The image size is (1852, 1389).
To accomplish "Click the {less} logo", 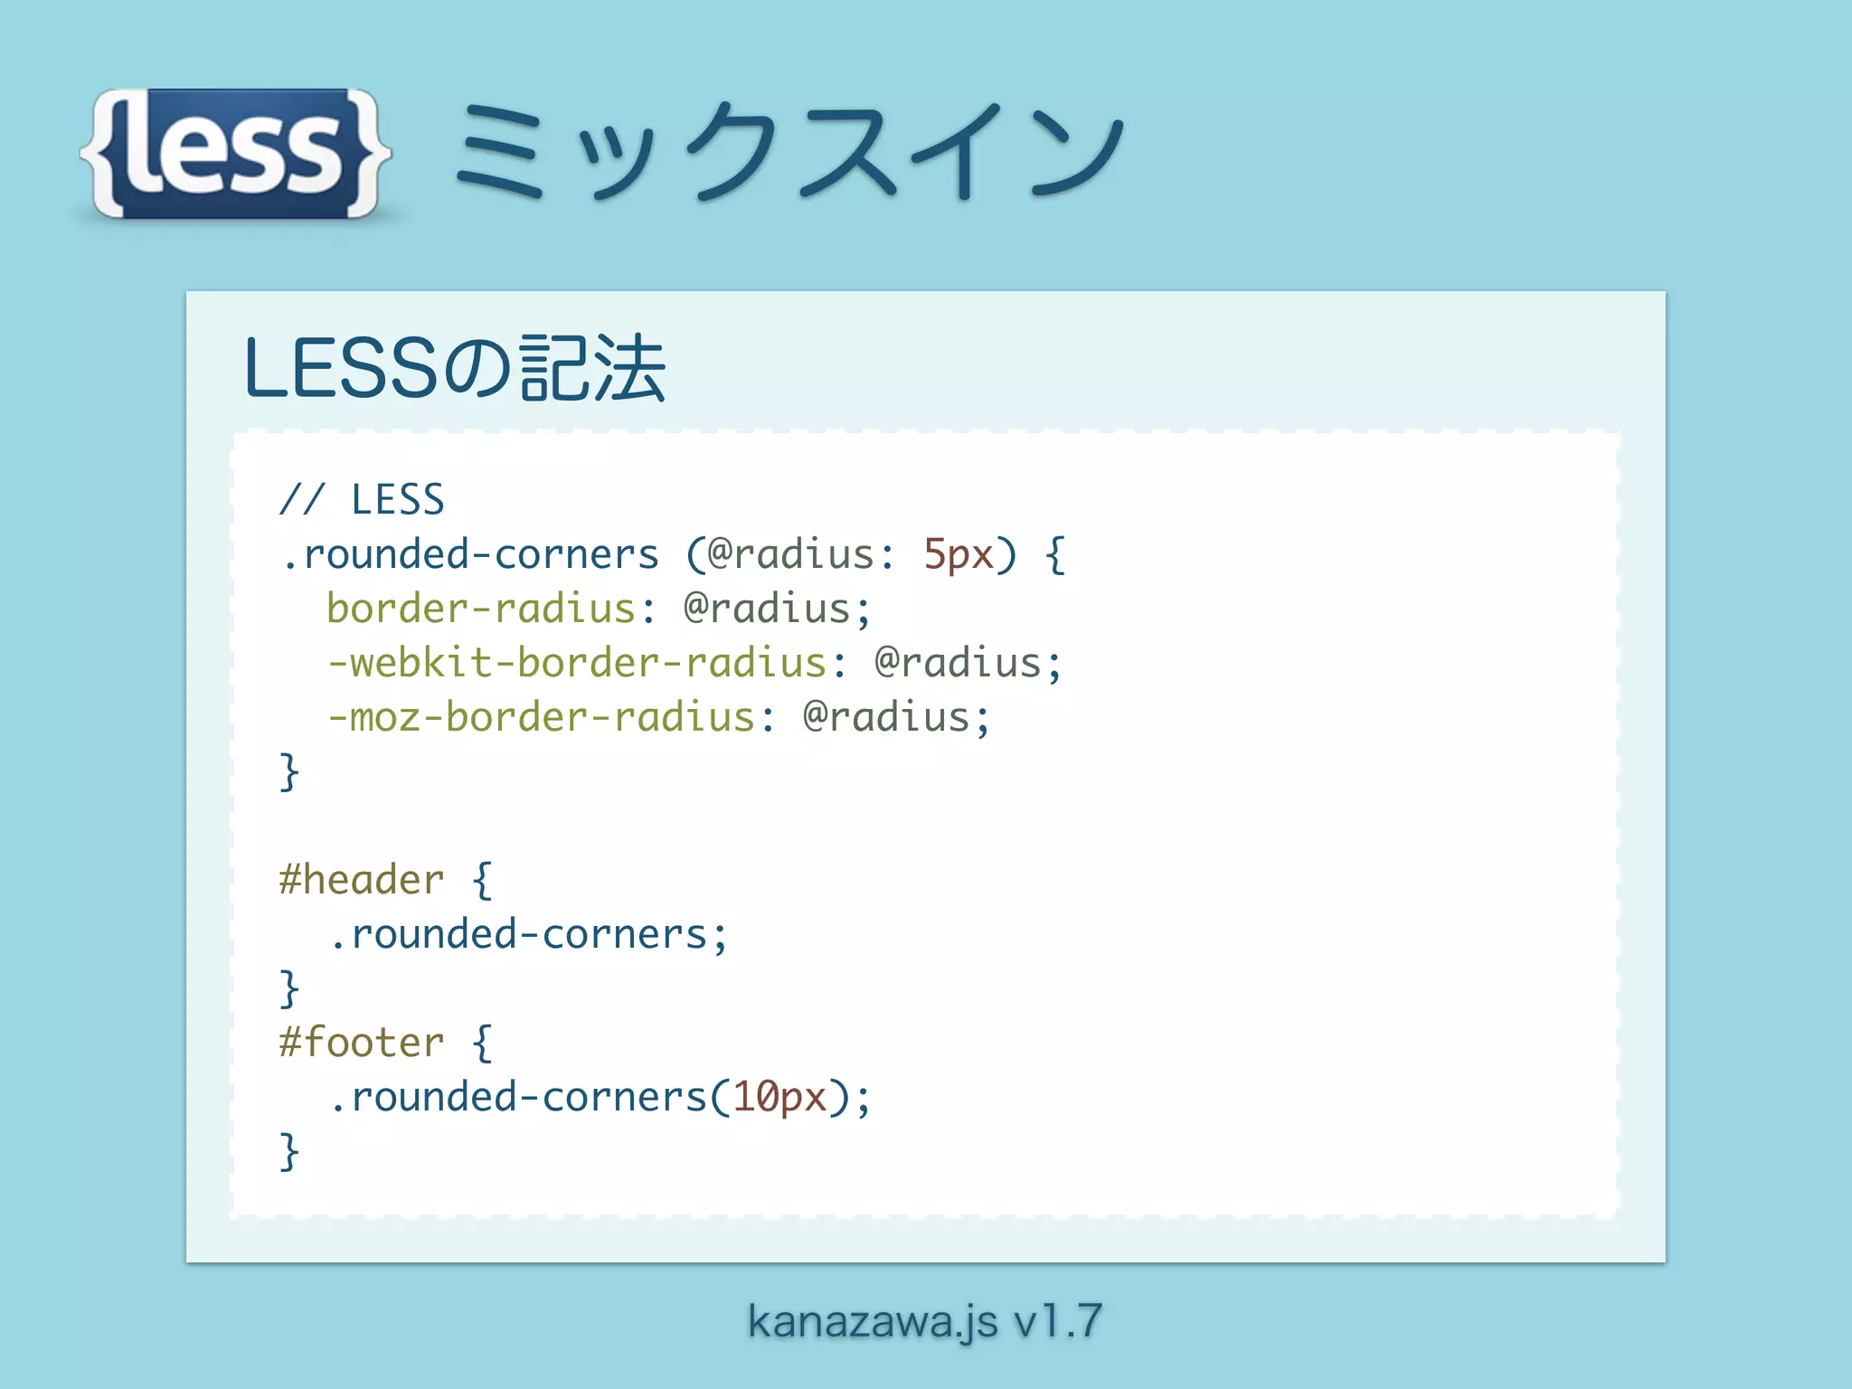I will [235, 154].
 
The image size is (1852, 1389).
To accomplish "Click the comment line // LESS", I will [362, 499].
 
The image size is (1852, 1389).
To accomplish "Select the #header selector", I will [362, 880].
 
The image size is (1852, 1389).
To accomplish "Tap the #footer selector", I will [362, 1043].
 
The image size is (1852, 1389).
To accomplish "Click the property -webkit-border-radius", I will [577, 663].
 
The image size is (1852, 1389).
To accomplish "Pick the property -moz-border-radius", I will [541, 717].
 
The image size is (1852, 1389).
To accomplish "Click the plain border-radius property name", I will [481, 609].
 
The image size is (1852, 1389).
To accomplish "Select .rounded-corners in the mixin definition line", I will [470, 554].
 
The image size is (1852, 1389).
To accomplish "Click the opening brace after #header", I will [482, 880].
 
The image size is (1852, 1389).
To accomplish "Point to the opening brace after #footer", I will [482, 1043].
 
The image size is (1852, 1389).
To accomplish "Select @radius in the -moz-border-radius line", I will [886, 717].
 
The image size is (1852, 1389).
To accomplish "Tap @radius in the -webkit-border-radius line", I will [958, 663].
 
